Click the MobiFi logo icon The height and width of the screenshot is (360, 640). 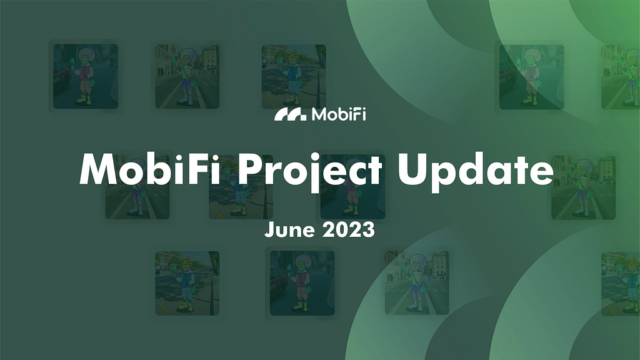(x=290, y=115)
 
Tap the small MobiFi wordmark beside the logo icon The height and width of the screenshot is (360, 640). (x=339, y=114)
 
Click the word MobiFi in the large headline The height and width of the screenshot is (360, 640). (x=150, y=169)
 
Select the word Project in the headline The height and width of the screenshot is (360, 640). (x=310, y=171)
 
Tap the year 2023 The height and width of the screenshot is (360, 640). (x=349, y=229)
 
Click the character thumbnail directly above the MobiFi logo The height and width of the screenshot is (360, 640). (x=294, y=76)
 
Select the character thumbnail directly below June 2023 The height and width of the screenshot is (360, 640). (x=302, y=283)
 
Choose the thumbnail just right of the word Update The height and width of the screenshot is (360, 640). (x=583, y=187)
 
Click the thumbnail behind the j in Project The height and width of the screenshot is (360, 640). (x=352, y=187)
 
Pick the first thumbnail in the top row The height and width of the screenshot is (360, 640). (x=86, y=76)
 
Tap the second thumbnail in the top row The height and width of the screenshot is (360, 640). (x=187, y=76)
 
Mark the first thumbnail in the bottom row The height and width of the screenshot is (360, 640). (x=187, y=283)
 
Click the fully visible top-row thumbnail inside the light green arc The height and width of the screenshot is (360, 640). (x=531, y=77)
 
